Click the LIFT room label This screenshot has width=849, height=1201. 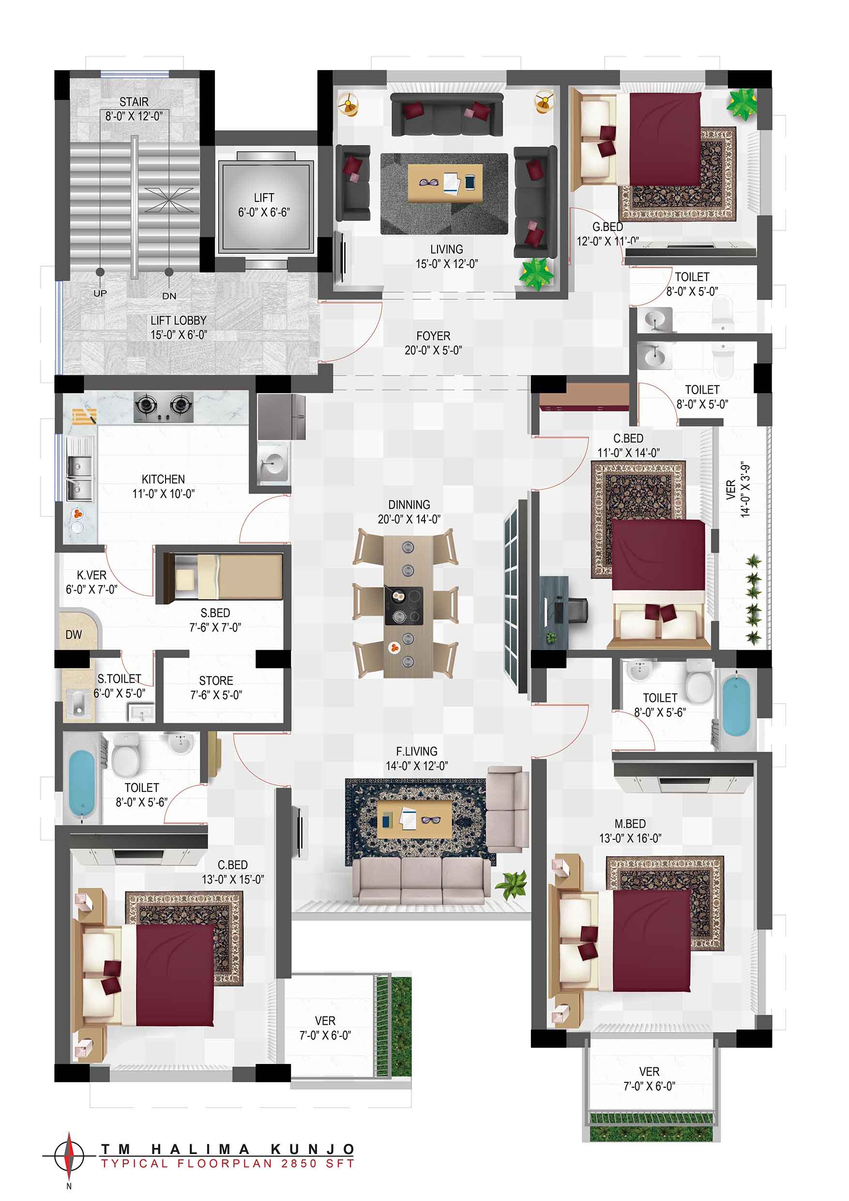tap(264, 198)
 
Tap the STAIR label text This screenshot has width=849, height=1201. tap(134, 102)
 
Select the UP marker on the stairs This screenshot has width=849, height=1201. tap(100, 293)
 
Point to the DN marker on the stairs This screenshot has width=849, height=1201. tap(169, 296)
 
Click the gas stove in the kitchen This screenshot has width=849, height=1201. tap(163, 407)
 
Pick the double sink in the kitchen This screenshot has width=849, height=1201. tap(79, 478)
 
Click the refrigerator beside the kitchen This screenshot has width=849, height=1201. tap(281, 417)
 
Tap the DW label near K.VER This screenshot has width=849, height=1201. tap(74, 635)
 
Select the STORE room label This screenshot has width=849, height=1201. tap(216, 681)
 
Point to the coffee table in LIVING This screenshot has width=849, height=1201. tap(444, 182)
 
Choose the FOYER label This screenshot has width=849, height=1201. tap(433, 336)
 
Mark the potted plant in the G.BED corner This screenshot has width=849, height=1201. tap(742, 104)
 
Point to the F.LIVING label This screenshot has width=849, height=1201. tap(416, 751)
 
